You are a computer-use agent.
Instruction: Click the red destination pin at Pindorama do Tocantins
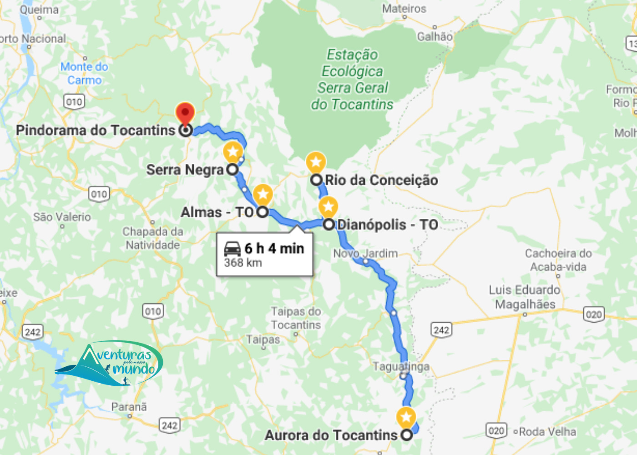pyautogui.click(x=185, y=113)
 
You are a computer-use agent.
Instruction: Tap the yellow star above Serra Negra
pyautogui.click(x=233, y=152)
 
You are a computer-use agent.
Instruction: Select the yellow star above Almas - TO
pyautogui.click(x=263, y=194)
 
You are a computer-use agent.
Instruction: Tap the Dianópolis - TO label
pyautogui.click(x=388, y=225)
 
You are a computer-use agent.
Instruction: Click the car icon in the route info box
pyautogui.click(x=233, y=248)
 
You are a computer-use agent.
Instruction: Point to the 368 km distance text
pyautogui.click(x=243, y=263)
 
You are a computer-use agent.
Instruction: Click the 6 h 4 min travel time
pyautogui.click(x=274, y=248)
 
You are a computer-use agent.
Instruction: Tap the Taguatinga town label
pyautogui.click(x=401, y=366)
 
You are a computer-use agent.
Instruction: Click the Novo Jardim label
pyautogui.click(x=365, y=253)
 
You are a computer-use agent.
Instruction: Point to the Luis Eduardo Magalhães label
pyautogui.click(x=525, y=297)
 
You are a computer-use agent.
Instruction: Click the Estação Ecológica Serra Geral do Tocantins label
pyautogui.click(x=353, y=80)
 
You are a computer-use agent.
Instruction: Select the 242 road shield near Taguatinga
pyautogui.click(x=441, y=330)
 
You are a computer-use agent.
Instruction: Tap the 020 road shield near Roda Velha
pyautogui.click(x=496, y=430)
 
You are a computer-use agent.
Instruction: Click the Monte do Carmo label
pyautogui.click(x=85, y=73)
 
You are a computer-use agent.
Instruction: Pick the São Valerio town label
pyautogui.click(x=62, y=217)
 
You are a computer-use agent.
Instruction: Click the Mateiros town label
pyautogui.click(x=404, y=9)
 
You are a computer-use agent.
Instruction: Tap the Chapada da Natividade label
pyautogui.click(x=153, y=238)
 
